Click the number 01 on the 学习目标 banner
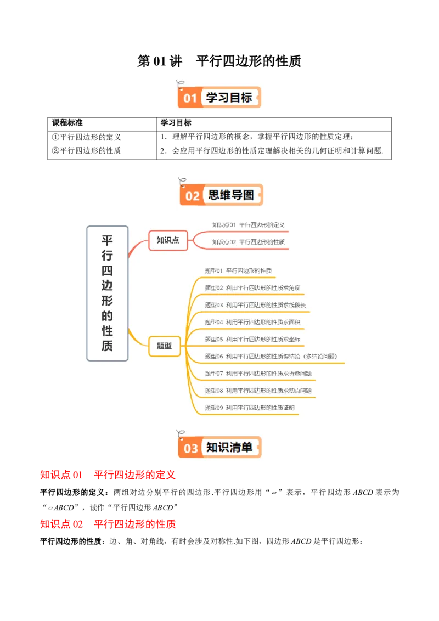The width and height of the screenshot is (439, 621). [x=190, y=98]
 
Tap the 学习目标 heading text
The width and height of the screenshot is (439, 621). [x=229, y=98]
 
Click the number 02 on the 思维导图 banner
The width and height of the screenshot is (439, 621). [x=192, y=196]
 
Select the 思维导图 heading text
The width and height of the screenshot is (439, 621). [x=231, y=195]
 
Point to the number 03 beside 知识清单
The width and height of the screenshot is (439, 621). [x=190, y=448]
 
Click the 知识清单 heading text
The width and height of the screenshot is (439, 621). [x=229, y=447]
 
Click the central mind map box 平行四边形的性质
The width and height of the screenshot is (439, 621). [x=108, y=293]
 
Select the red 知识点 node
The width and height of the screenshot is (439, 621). [x=168, y=240]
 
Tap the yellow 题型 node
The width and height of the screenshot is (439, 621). [x=164, y=346]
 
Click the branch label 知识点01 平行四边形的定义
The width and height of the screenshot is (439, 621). [x=248, y=225]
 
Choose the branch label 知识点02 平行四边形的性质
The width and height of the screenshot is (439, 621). [x=248, y=242]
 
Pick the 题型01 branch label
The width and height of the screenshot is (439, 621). [x=238, y=271]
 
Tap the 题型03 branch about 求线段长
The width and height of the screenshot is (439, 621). [x=255, y=305]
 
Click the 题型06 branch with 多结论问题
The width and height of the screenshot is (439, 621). [x=271, y=357]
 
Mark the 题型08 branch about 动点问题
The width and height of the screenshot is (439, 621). [x=258, y=391]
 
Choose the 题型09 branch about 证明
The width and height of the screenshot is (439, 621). [x=250, y=408]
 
